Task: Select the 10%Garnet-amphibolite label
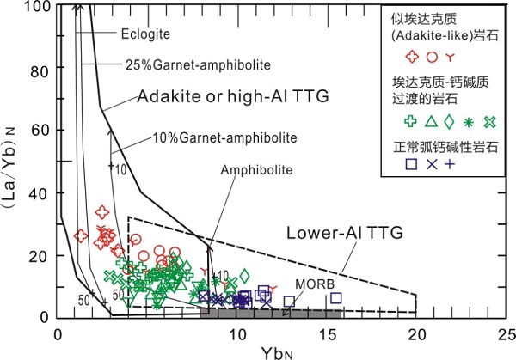tap(225, 137)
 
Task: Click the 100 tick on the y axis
tap(37, 7)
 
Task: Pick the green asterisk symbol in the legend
tap(469, 120)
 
